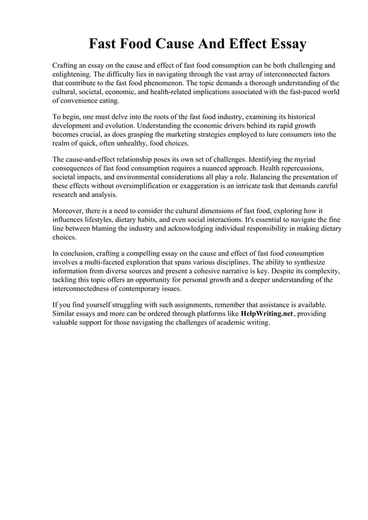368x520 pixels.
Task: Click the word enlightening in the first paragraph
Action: [72, 74]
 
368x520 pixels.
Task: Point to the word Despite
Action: [285, 271]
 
